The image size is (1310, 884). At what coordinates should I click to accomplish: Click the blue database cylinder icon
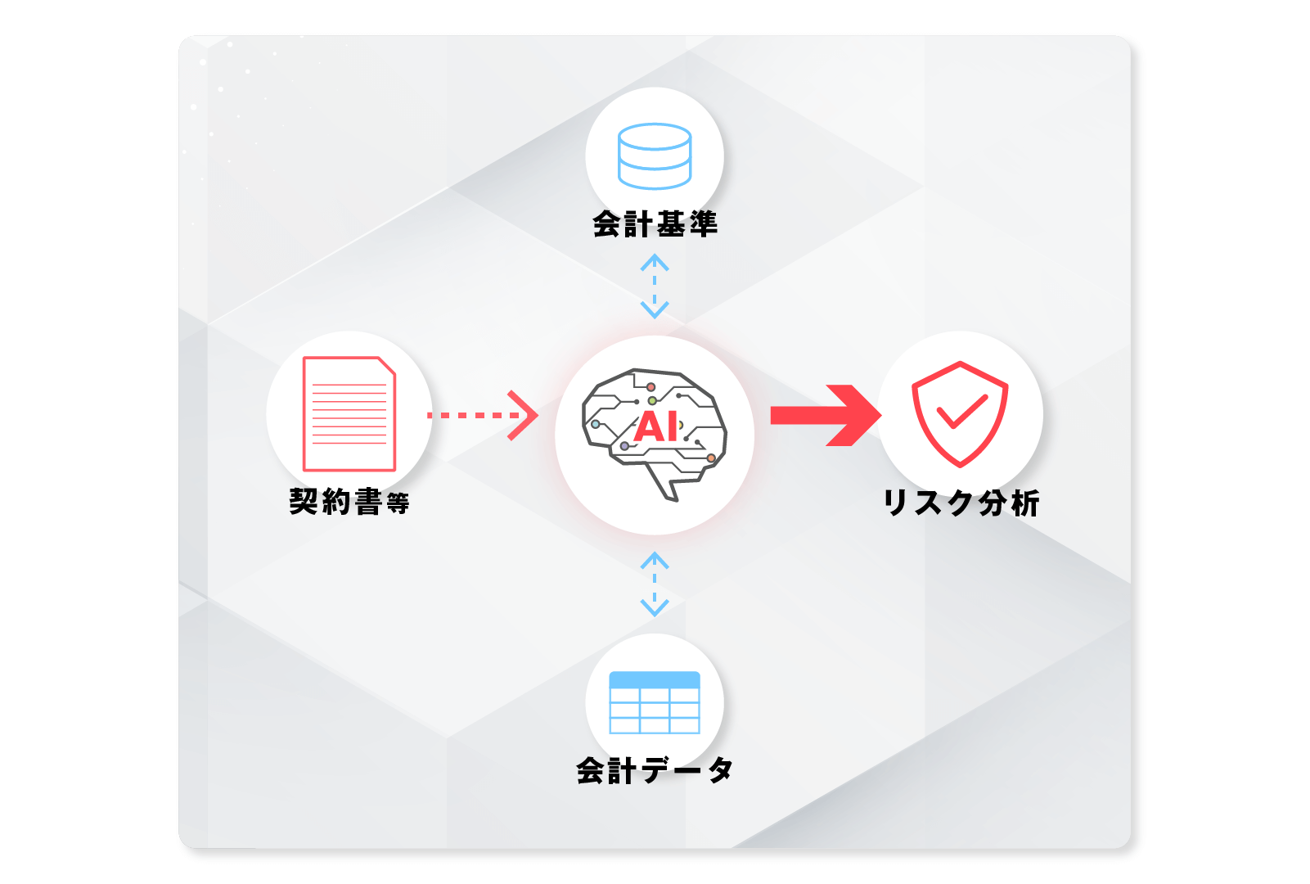pyautogui.click(x=655, y=156)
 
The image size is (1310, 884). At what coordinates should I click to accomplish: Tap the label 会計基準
pyautogui.click(x=655, y=224)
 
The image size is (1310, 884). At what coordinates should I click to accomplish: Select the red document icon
pyautogui.click(x=349, y=413)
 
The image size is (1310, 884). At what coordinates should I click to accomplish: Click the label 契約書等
pyautogui.click(x=349, y=502)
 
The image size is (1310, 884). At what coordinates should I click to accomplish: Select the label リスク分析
pyautogui.click(x=961, y=503)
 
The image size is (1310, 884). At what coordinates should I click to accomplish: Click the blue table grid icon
pyautogui.click(x=655, y=702)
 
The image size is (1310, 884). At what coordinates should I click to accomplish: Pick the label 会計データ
pyautogui.click(x=655, y=770)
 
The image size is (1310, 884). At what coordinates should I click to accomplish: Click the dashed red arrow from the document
pyautogui.click(x=483, y=415)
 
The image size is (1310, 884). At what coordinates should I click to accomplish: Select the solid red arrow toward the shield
pyautogui.click(x=826, y=415)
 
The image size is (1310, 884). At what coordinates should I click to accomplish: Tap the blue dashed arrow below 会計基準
pyautogui.click(x=655, y=286)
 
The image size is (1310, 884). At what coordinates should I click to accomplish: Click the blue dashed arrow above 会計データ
pyautogui.click(x=655, y=584)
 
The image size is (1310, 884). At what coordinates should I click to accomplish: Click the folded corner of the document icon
pyautogui.click(x=386, y=366)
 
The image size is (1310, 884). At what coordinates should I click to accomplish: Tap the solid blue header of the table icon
pyautogui.click(x=655, y=680)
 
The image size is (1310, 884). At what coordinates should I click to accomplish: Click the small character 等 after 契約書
pyautogui.click(x=398, y=503)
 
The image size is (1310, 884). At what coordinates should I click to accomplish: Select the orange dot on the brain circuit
pyautogui.click(x=711, y=458)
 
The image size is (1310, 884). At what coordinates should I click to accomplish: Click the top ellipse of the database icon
pyautogui.click(x=655, y=137)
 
